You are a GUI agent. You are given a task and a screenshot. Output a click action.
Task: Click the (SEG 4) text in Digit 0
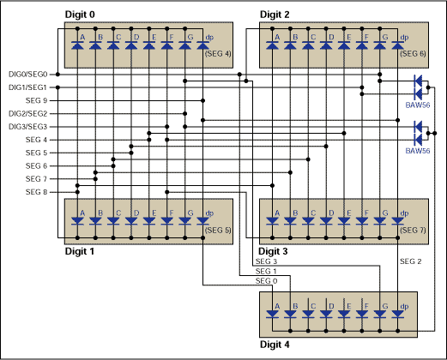219,53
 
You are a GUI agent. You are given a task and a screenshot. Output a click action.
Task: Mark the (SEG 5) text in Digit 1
219,230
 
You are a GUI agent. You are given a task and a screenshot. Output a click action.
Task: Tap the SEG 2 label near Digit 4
412,260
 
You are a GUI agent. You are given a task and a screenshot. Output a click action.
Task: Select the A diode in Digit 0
82,46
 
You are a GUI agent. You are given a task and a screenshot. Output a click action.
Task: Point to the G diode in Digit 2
381,46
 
